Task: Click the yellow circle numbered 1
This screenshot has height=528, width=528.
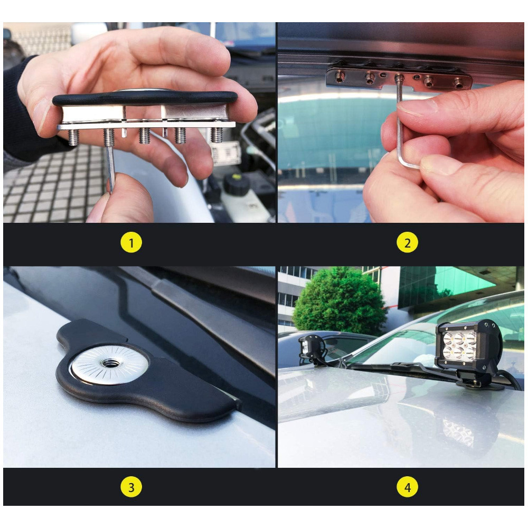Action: click(x=131, y=242)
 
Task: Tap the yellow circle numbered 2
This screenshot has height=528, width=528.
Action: click(x=407, y=242)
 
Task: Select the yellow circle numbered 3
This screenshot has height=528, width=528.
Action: click(x=131, y=487)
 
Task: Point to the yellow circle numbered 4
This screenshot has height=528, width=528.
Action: click(x=407, y=487)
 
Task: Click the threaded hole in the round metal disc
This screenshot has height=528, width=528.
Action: click(x=109, y=363)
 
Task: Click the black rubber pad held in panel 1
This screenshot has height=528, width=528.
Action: click(x=145, y=98)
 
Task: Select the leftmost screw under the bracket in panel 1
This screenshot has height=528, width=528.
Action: click(x=73, y=136)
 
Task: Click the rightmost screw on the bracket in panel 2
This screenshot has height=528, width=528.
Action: click(x=459, y=83)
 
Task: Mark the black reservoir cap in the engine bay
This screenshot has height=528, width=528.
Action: click(x=237, y=184)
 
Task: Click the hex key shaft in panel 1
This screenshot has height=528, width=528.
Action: click(x=110, y=168)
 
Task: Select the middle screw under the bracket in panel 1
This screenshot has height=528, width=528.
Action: click(x=144, y=135)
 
